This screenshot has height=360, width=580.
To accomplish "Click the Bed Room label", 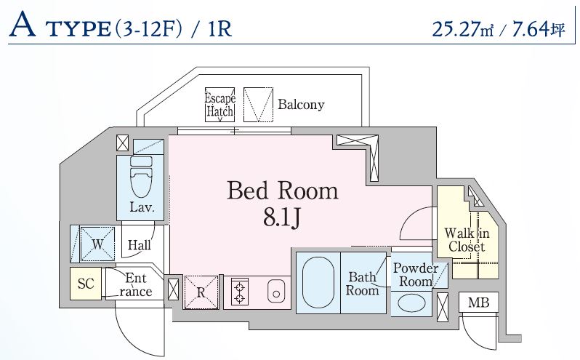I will (283, 191).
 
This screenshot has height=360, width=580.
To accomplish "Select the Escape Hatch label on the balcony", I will (219, 105).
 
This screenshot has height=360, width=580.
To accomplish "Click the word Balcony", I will (301, 105).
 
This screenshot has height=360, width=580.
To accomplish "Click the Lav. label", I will (141, 207).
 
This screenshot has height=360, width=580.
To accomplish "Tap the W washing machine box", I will (95, 244).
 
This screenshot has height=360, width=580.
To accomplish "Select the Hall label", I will (139, 246).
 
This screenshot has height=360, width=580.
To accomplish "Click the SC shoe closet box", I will (86, 284).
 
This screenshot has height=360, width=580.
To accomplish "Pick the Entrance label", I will (136, 284).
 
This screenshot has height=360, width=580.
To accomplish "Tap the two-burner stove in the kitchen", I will (238, 292).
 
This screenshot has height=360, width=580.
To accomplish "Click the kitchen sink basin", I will (275, 292).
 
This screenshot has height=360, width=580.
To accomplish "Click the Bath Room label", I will (362, 283).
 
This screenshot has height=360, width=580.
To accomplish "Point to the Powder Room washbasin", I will (411, 303).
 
